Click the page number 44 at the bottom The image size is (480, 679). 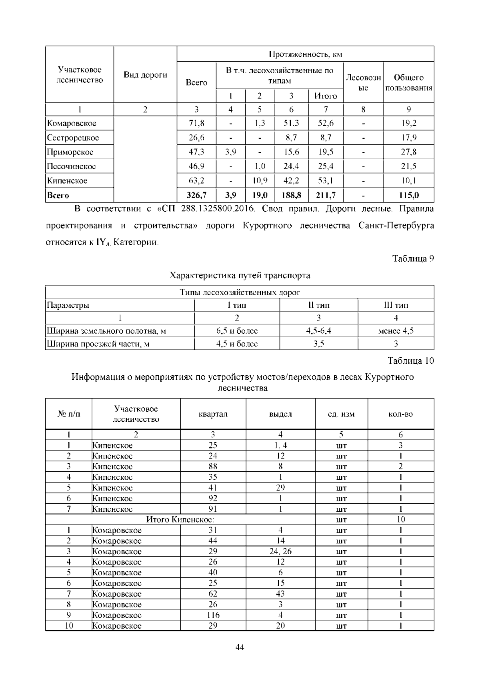240,647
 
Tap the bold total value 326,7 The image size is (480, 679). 196,195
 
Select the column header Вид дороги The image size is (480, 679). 145,75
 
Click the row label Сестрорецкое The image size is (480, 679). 73,138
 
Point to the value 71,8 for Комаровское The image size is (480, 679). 196,123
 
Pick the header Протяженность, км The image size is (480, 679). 305,54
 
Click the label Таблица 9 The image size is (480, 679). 413,258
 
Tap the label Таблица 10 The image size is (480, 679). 411,361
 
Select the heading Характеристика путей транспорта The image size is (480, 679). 240,275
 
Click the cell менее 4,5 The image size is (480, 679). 396,331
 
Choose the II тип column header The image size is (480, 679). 318,305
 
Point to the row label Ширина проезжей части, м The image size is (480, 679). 98,344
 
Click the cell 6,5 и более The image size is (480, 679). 237,331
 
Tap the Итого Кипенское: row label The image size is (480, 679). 180,519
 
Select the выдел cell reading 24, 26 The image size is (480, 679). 280,551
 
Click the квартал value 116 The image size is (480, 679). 213,615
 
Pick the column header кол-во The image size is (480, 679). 400,414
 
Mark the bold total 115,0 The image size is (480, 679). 408,195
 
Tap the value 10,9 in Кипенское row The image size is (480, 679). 260,180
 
